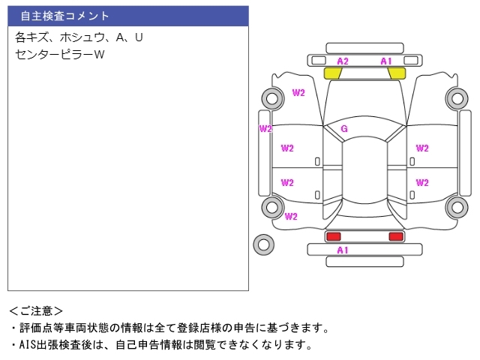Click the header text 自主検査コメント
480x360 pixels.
tap(65, 16)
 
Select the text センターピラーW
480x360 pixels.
tap(60, 55)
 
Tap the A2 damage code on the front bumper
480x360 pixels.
tap(343, 61)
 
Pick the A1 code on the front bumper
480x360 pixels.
tap(386, 61)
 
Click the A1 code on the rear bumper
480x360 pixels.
tap(343, 250)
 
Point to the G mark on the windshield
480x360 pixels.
tap(344, 128)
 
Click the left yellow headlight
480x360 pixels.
tap(332, 73)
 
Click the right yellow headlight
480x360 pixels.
tap(397, 73)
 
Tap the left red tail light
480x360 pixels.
tap(333, 236)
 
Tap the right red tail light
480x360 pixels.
tap(396, 236)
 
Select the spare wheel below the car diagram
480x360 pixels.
tap(263, 244)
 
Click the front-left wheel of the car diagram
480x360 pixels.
tap(272, 98)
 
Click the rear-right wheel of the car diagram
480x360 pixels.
tap(457, 207)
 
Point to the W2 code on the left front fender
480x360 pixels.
tap(298, 92)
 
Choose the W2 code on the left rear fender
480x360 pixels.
tap(291, 217)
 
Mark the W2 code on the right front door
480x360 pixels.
tap(422, 148)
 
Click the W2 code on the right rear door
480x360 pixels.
tap(422, 182)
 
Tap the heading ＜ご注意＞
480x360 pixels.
tap(36, 311)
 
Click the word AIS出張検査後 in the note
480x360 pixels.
tap(55, 345)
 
